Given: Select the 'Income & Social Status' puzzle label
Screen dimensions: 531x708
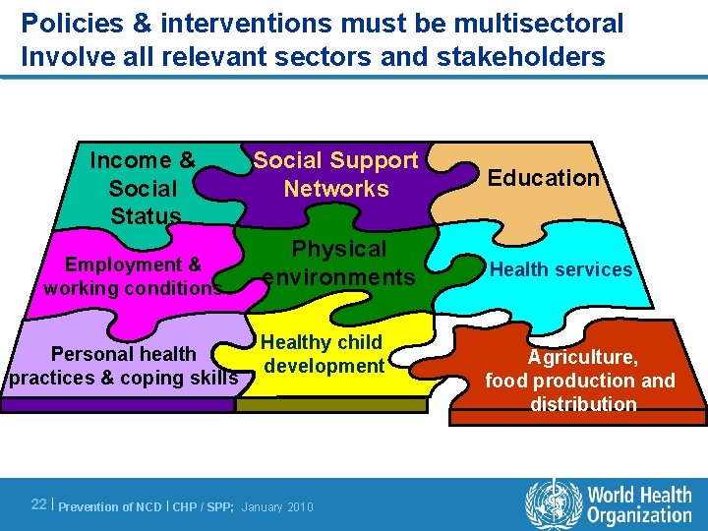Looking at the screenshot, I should pos(144,188).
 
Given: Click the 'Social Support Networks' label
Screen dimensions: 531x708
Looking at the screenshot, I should pos(336,174).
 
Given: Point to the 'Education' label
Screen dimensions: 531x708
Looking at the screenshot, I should pos(544,178).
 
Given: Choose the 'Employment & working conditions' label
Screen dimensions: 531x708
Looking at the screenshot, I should pos(133,276).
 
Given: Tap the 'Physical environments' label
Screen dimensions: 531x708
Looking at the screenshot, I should pos(339,263).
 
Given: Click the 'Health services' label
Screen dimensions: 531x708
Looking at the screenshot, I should pos(561,269).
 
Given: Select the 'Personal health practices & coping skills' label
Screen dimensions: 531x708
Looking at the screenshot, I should pos(124,366).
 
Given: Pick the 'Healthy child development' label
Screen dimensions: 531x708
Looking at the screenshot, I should pos(323,354).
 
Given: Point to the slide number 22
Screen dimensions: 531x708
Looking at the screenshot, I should pos(39,504).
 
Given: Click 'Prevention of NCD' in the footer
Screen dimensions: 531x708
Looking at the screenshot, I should pos(110,506).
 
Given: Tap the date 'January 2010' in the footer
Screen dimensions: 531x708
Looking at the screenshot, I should pos(277,506).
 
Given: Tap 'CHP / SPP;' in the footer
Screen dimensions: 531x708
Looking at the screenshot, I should pos(204,506).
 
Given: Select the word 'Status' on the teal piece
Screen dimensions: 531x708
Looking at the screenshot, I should pos(146,215).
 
